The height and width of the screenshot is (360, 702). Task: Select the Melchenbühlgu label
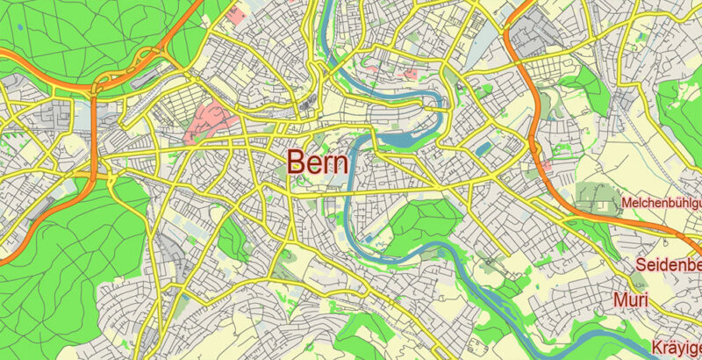point(662,204)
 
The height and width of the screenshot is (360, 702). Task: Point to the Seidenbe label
point(670,266)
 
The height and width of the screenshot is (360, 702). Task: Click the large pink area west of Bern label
point(207,122)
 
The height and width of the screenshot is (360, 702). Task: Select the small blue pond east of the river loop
point(484,148)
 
